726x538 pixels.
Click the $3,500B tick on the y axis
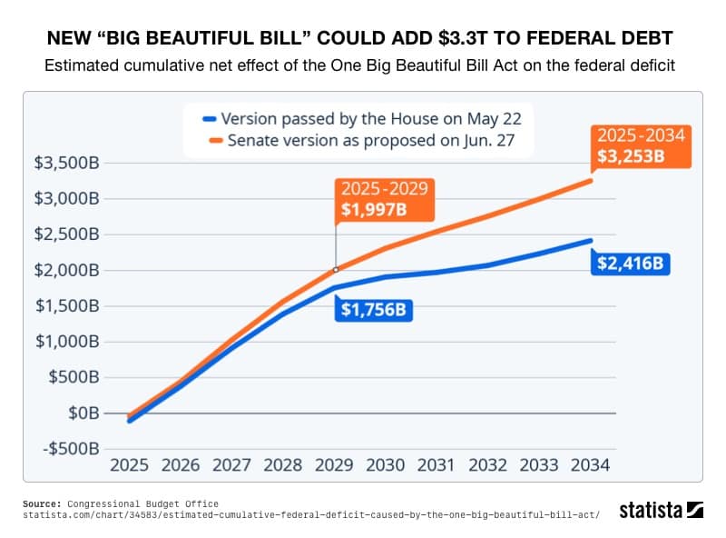point(65,163)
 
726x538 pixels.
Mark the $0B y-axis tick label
point(83,413)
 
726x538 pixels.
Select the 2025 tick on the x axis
point(129,465)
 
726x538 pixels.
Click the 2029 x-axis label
point(335,465)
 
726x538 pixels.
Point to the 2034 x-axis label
point(591,465)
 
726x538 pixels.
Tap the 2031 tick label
point(437,465)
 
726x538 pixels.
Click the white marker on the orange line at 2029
point(336,270)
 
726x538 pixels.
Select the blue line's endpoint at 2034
point(590,241)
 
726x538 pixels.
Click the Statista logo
point(661,510)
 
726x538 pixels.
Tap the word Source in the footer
point(40,503)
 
